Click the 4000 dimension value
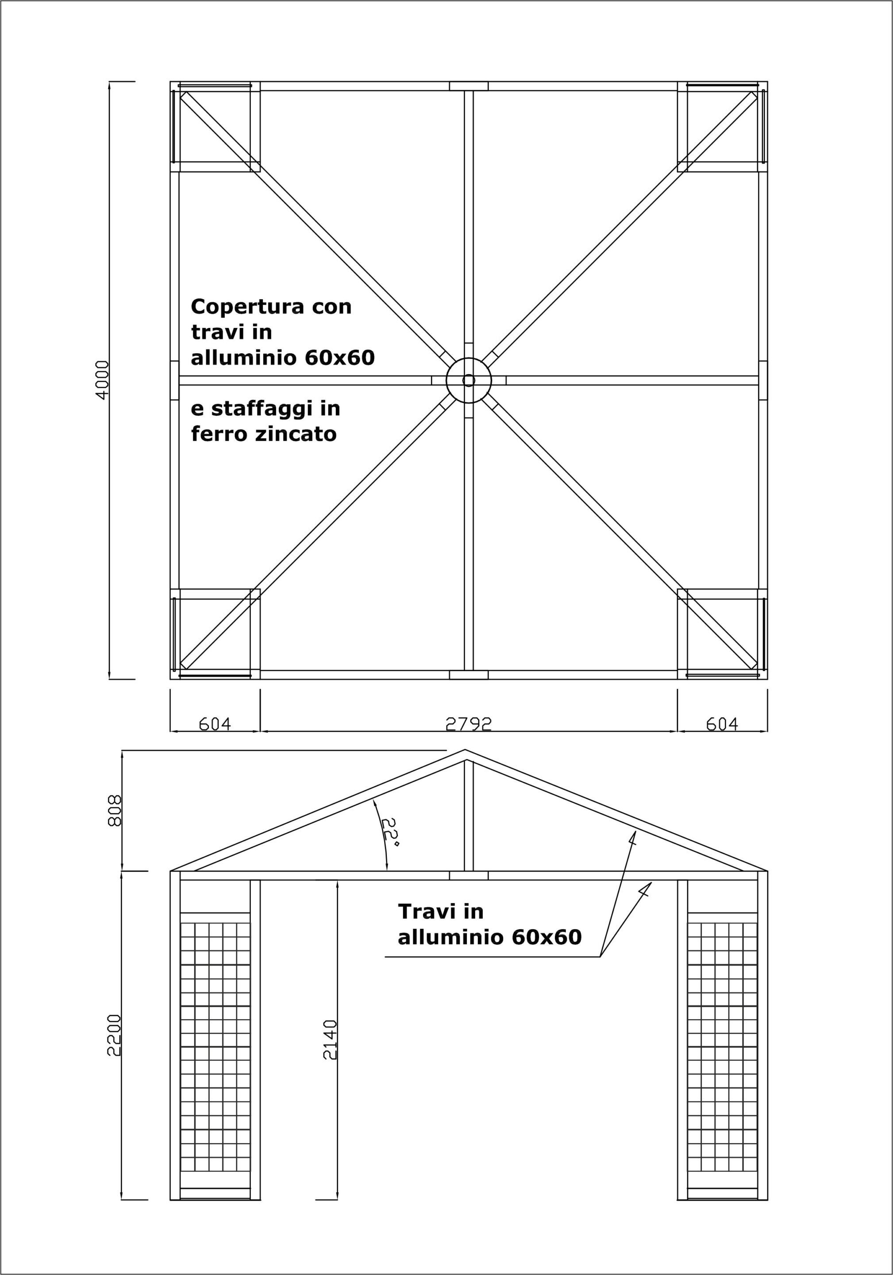coord(103,380)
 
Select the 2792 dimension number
coord(469,723)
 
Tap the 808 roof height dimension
coord(114,811)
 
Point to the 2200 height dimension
coord(114,1035)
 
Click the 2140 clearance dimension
coord(330,1039)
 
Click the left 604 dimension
coord(214,723)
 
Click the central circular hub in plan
coord(469,380)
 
